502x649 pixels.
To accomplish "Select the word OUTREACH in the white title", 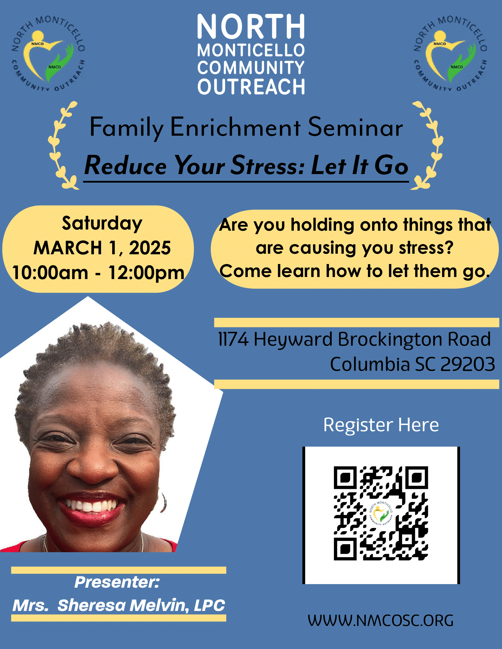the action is click(x=251, y=87).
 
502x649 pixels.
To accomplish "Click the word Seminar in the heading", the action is click(x=355, y=127).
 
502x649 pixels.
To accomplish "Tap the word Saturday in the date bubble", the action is click(x=102, y=224).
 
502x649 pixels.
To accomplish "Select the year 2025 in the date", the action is click(x=150, y=248).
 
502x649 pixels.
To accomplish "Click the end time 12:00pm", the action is click(x=146, y=273).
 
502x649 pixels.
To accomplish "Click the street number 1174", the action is click(x=233, y=339).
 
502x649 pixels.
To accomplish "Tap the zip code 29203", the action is click(x=467, y=364).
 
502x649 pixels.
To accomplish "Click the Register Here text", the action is click(x=381, y=425).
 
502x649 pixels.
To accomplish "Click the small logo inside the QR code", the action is click(x=381, y=514).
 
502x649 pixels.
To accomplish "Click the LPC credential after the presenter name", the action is click(x=209, y=605).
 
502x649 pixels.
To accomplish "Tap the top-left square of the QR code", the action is click(x=345, y=478).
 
